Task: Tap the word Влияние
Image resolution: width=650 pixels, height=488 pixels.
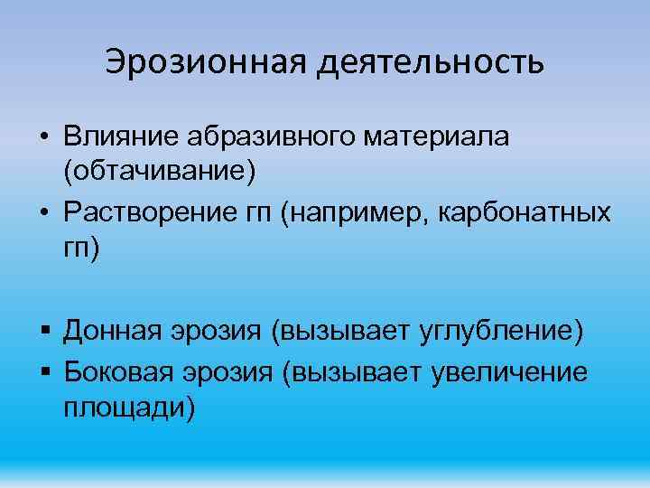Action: pyautogui.click(x=122, y=136)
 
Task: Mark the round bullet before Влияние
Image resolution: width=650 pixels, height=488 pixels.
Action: pyautogui.click(x=43, y=138)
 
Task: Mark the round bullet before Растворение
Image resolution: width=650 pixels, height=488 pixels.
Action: pyautogui.click(x=43, y=216)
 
